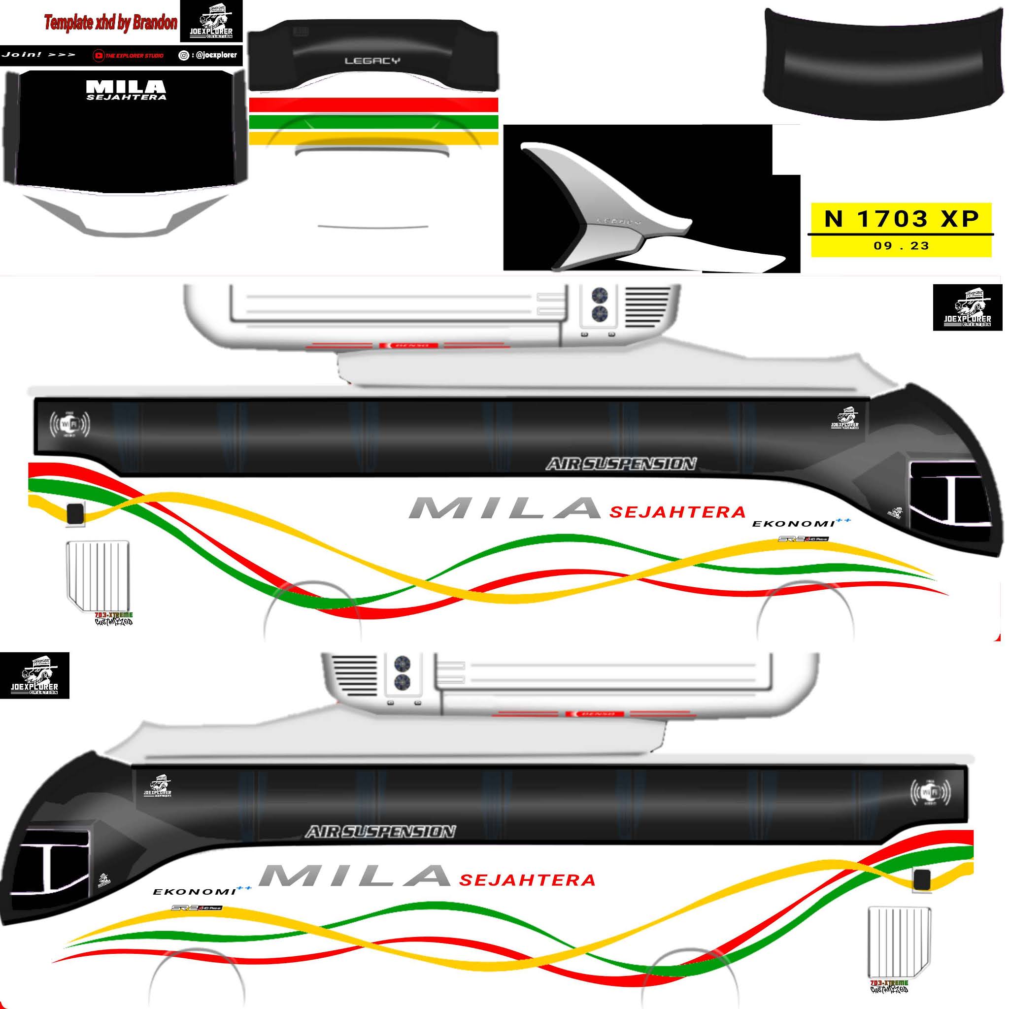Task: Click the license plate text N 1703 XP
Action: coord(902,218)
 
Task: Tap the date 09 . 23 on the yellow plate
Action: coord(902,245)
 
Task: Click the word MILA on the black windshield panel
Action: coord(126,86)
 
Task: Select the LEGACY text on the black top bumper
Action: coord(372,61)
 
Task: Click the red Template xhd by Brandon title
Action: coord(110,23)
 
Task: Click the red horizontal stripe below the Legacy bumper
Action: coord(373,104)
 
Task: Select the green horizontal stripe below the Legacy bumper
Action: coord(373,122)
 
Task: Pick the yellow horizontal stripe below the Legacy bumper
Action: coord(373,138)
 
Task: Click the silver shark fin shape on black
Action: coord(606,209)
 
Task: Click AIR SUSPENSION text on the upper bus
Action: coord(621,464)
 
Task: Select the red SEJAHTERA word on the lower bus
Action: coord(528,880)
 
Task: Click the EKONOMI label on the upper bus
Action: coord(793,523)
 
